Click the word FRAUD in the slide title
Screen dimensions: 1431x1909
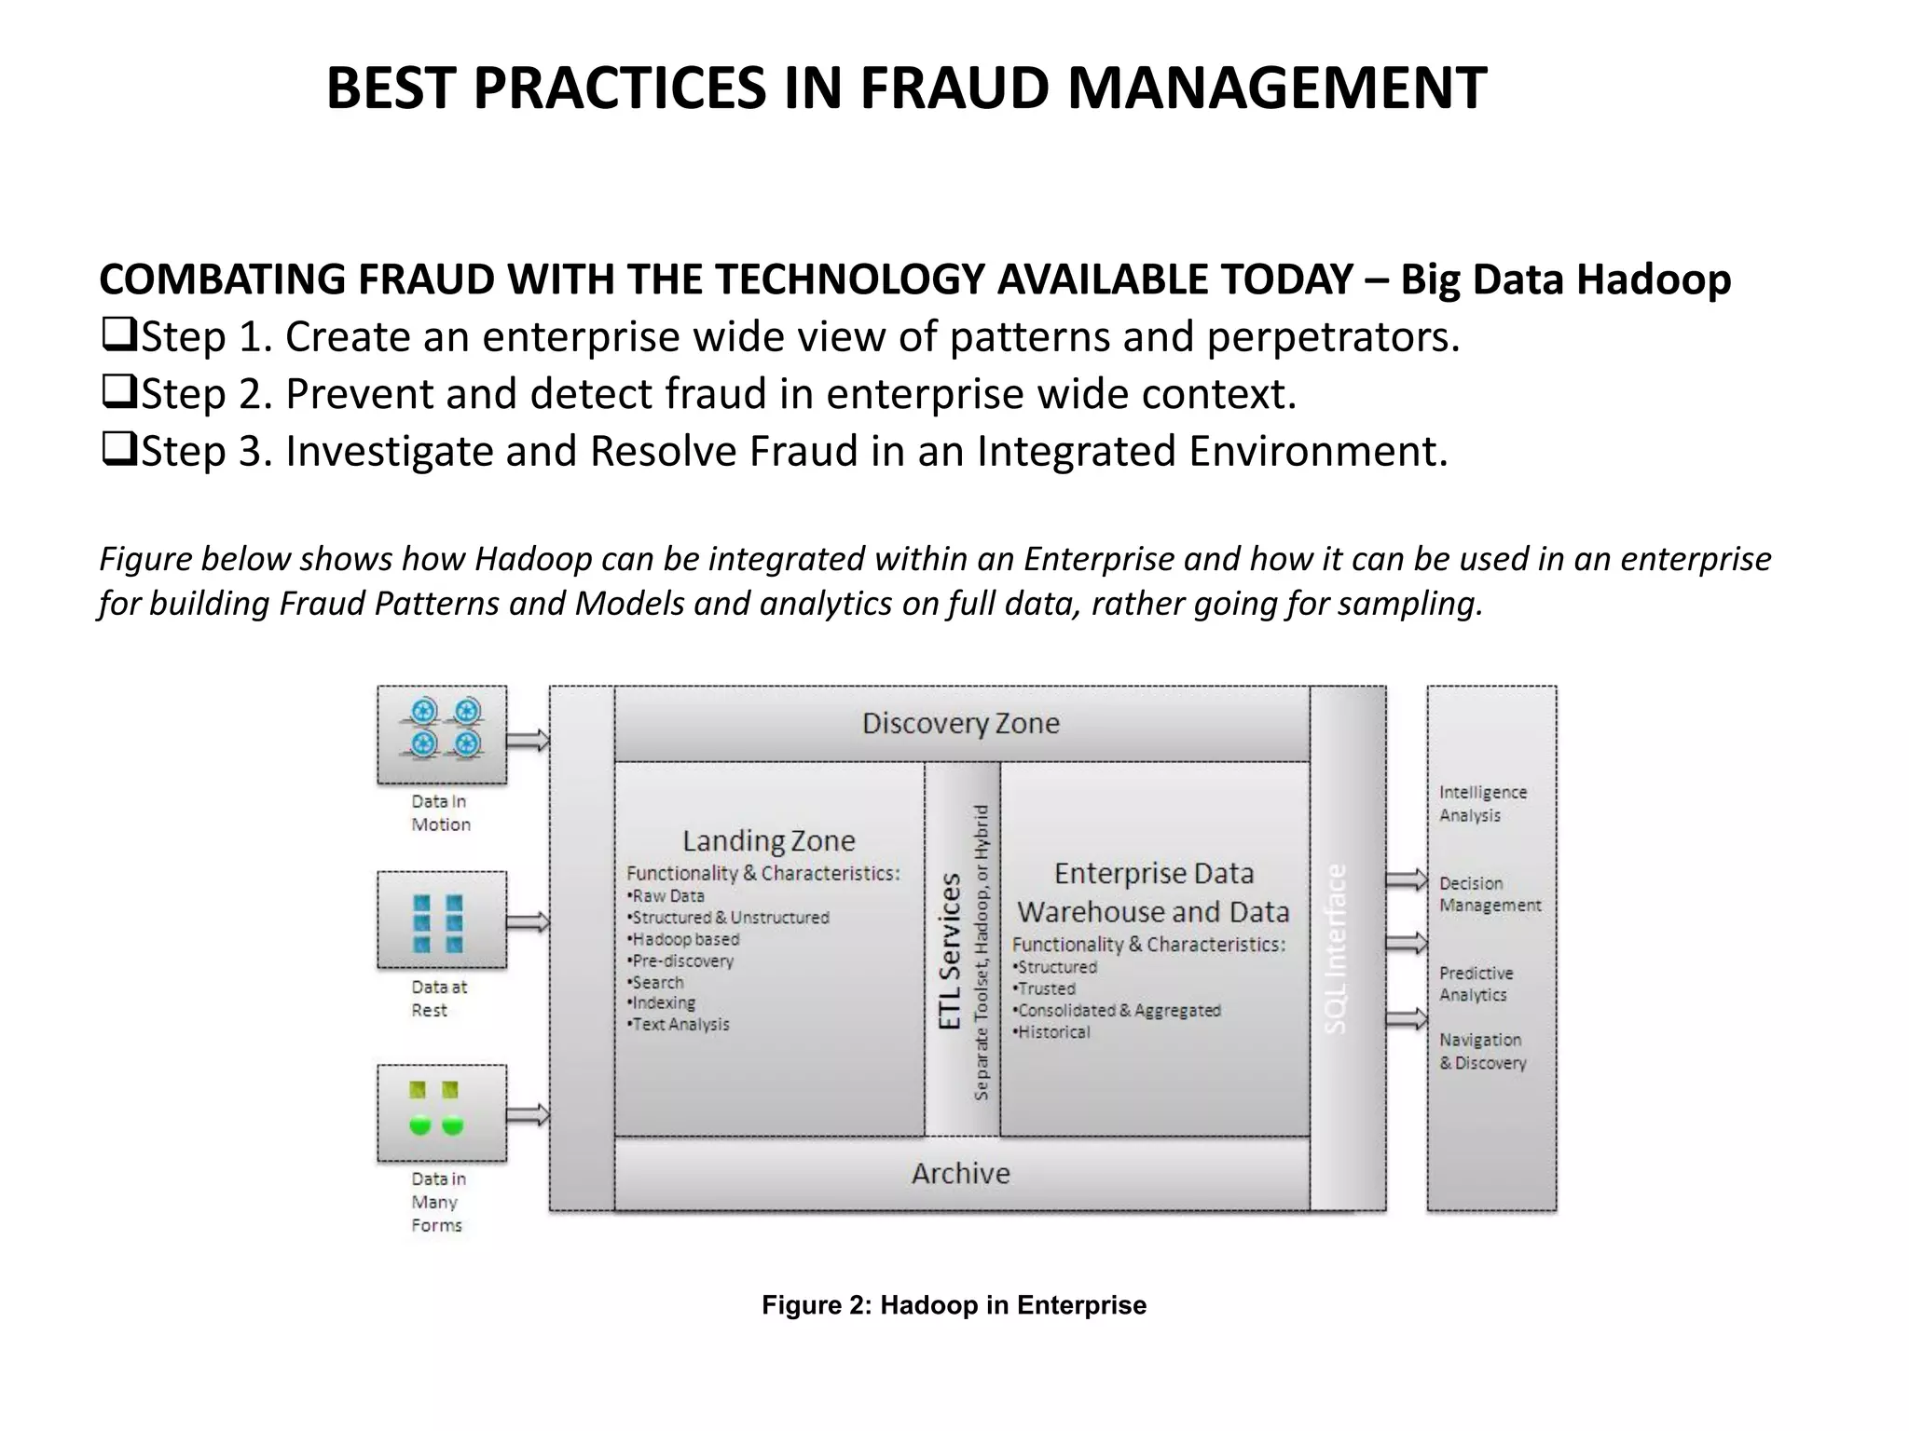point(955,89)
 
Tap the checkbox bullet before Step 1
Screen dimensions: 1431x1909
point(118,334)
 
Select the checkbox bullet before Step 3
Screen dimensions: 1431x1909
point(118,449)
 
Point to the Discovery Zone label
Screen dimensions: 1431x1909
point(960,724)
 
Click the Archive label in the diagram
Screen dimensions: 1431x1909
point(960,1173)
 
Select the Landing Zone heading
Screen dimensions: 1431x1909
point(768,841)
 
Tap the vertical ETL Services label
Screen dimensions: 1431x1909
point(950,950)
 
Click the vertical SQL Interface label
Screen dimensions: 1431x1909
point(1337,948)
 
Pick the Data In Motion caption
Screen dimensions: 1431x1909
point(441,813)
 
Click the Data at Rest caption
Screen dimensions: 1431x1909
point(439,998)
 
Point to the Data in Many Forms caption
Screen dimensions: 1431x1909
point(438,1202)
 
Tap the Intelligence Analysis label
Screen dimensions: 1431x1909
point(1482,803)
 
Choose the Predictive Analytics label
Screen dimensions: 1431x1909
point(1476,984)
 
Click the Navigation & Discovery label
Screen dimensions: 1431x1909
point(1482,1051)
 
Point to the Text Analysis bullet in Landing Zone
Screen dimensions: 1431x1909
point(680,1025)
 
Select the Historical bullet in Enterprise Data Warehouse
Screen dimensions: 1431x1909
point(1052,1032)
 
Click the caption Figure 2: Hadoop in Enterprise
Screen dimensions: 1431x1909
point(954,1305)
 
